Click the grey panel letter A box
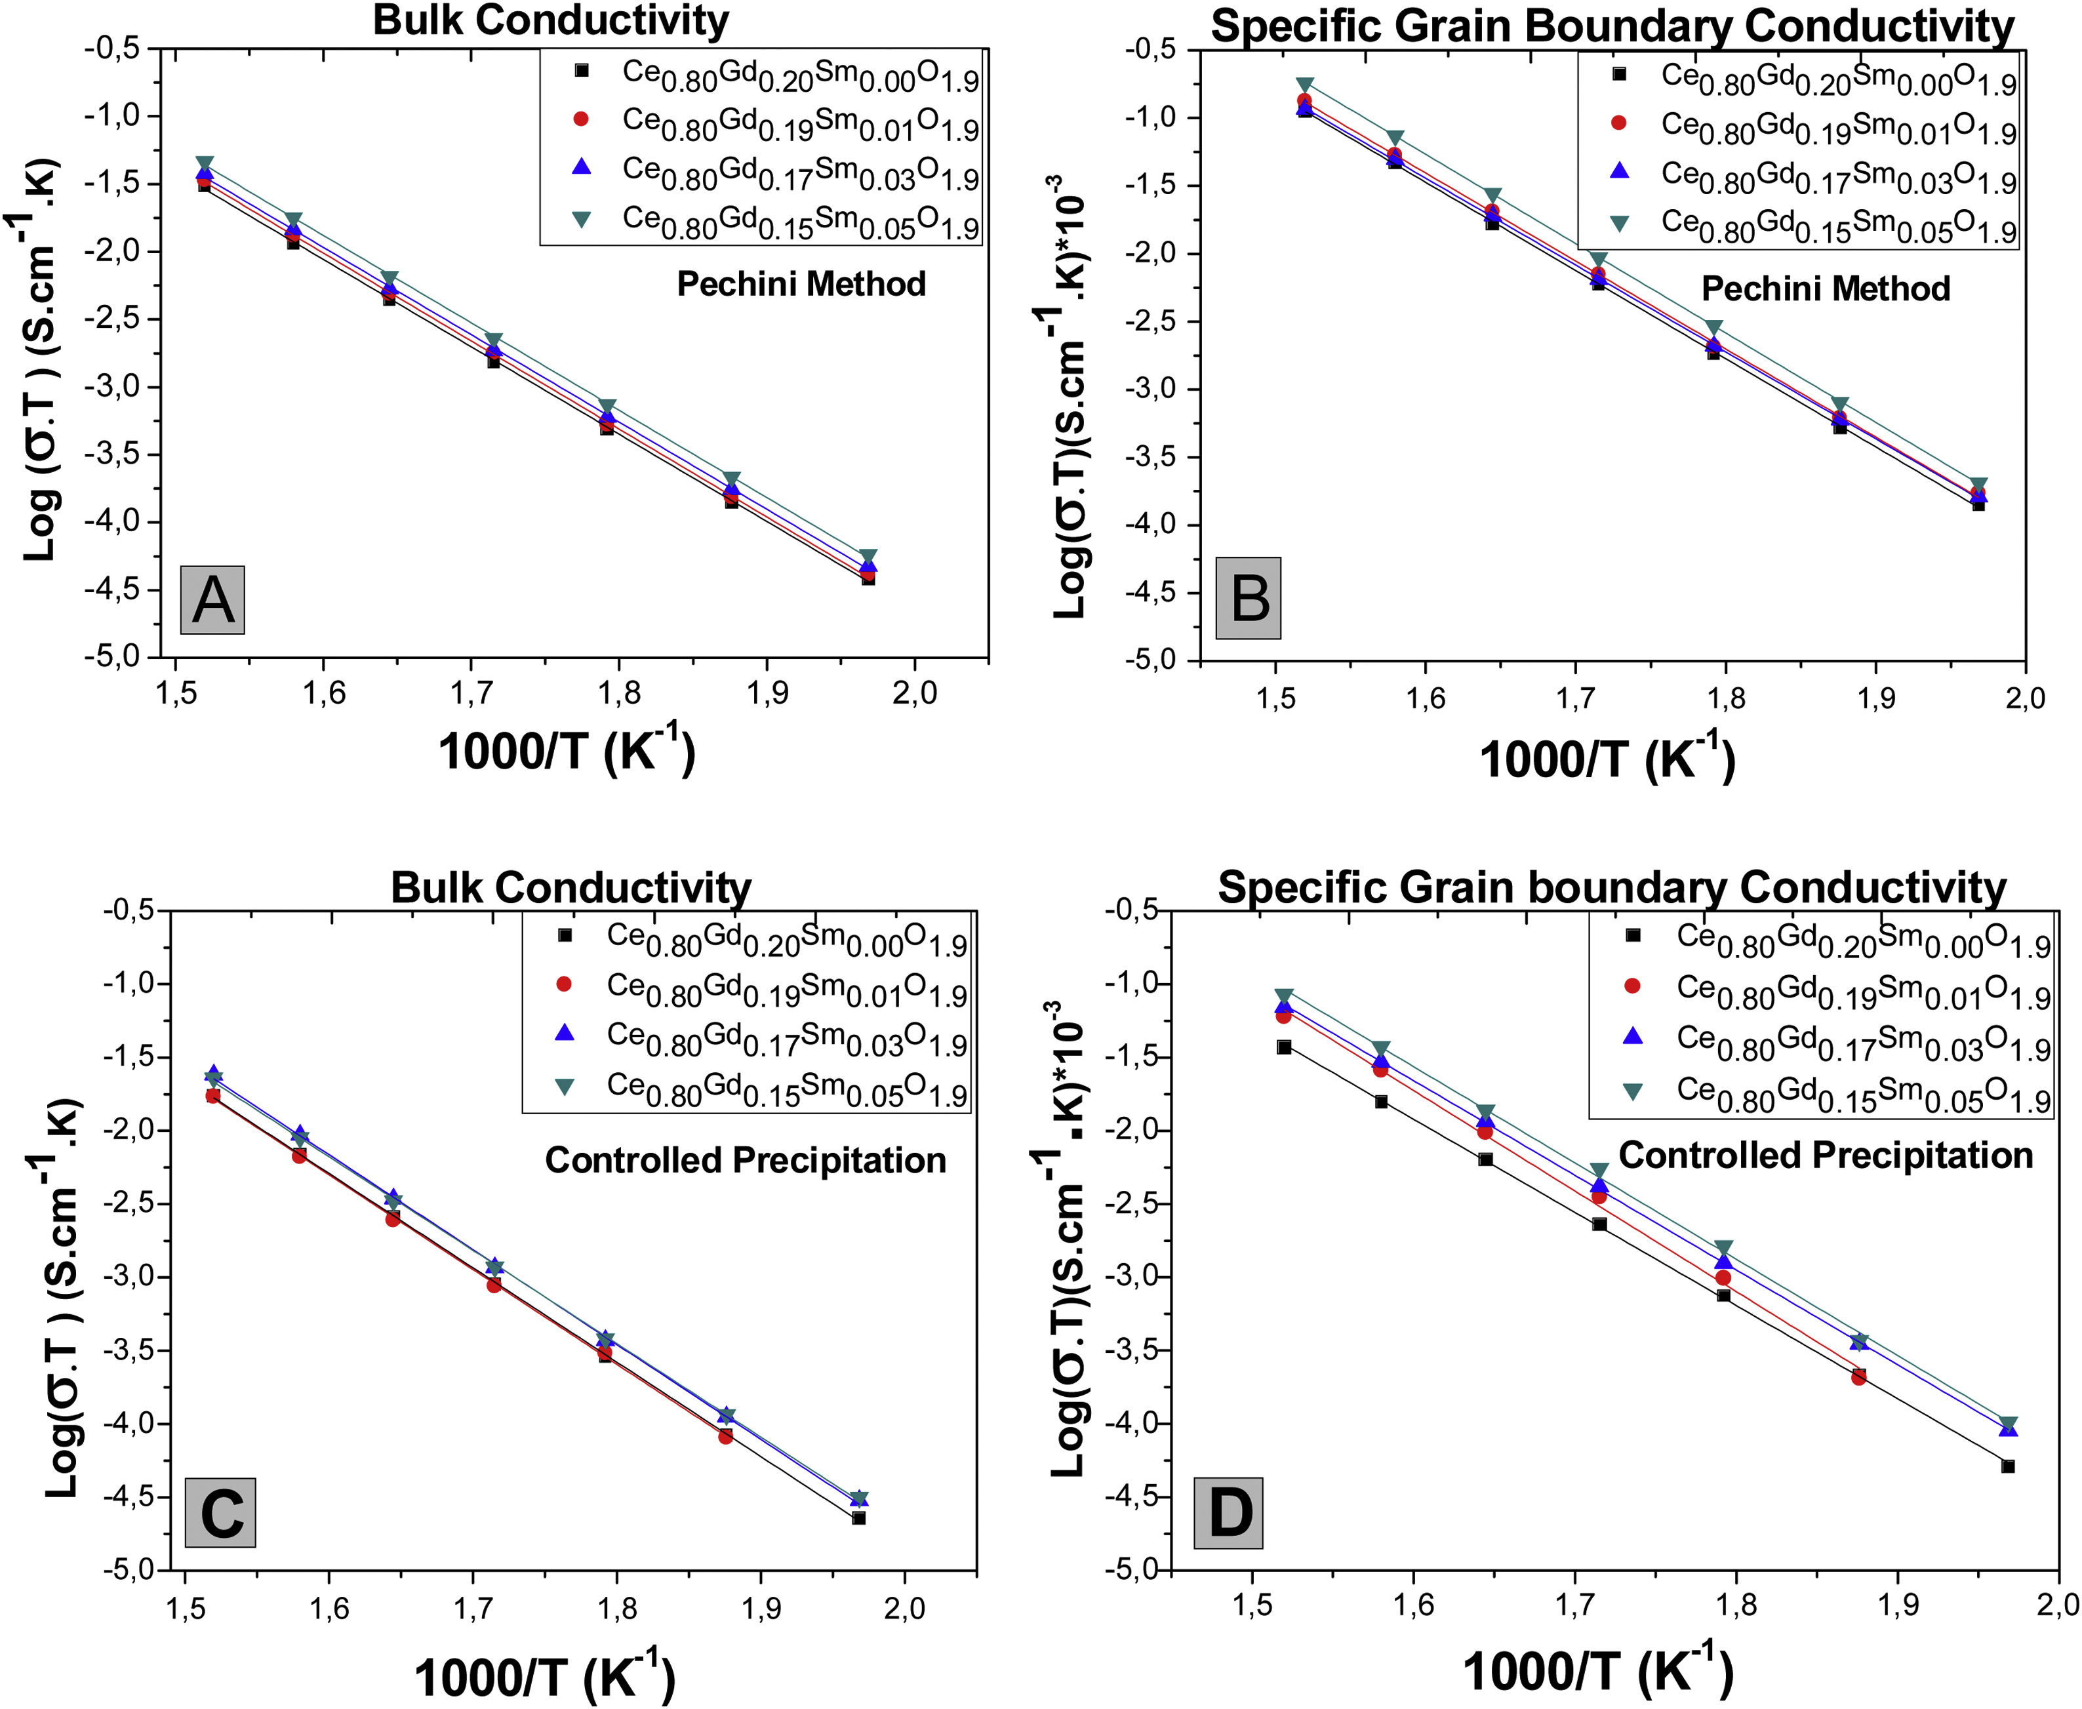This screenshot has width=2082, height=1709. tap(212, 599)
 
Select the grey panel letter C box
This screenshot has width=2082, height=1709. tap(220, 1512)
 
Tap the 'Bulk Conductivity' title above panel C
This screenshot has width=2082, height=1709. tap(571, 887)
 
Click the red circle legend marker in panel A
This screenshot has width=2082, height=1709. tap(581, 119)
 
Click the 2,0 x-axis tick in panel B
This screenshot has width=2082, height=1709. tap(2024, 698)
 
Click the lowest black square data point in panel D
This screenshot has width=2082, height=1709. tap(2008, 1466)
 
